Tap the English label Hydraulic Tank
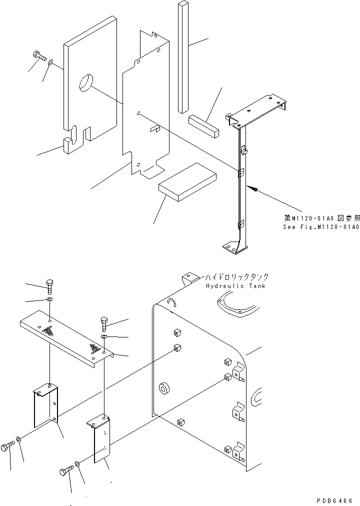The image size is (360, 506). click(235, 286)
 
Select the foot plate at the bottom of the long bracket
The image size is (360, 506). click(234, 246)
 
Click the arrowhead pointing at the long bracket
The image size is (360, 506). click(255, 189)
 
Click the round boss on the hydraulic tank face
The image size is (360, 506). click(164, 389)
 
